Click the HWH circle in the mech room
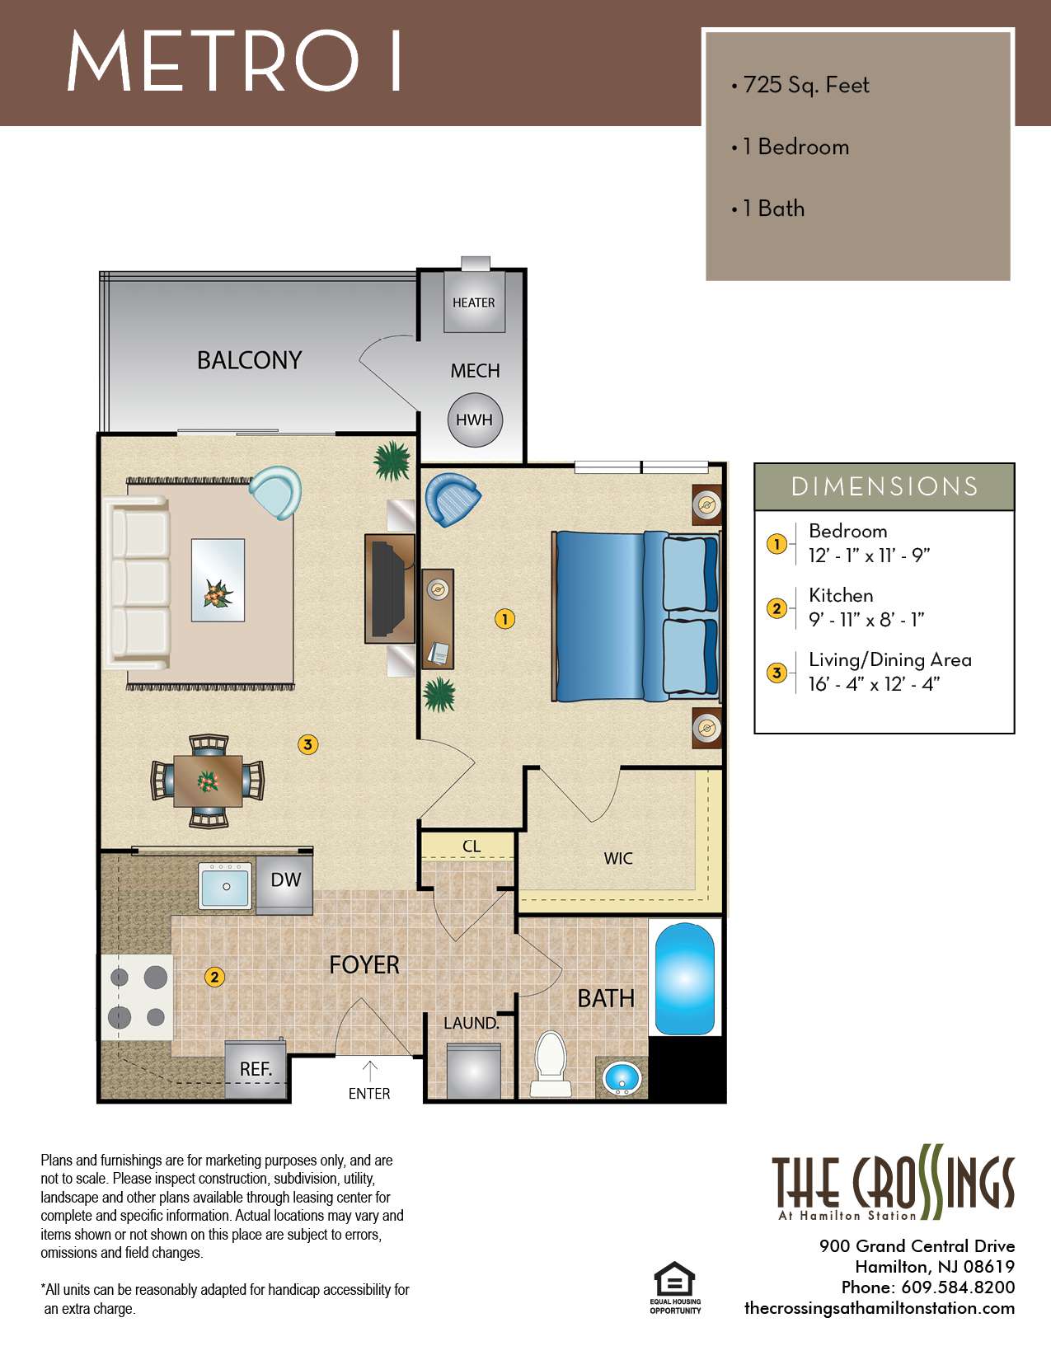[474, 420]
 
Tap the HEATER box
[474, 302]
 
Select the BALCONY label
[249, 360]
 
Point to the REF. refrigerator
[256, 1070]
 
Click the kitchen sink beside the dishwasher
[226, 886]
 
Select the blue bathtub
[684, 978]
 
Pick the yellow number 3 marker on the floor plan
[307, 745]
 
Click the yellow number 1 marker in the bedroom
[504, 618]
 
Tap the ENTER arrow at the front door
[370, 1072]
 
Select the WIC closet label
[618, 859]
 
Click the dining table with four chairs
[208, 781]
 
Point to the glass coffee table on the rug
[218, 579]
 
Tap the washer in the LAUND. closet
[473, 1072]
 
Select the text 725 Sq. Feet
[805, 85]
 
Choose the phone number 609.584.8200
[958, 1287]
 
